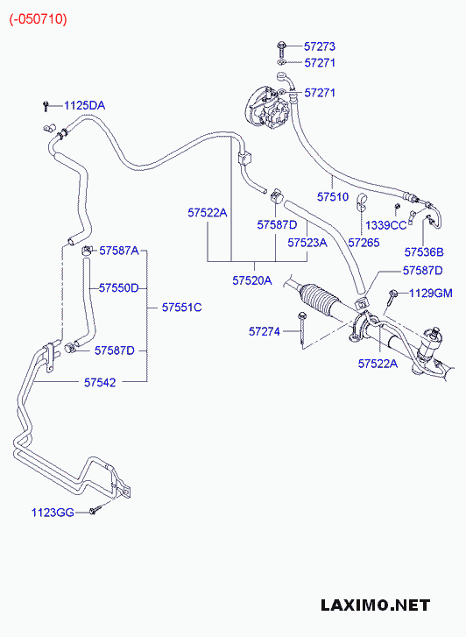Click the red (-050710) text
(39, 19)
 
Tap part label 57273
(320, 46)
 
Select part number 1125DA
(84, 106)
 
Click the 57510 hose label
(333, 196)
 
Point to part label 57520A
(252, 280)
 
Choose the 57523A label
(307, 243)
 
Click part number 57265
(364, 243)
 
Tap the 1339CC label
(386, 225)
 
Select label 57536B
(424, 252)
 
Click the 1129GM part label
(430, 293)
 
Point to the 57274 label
(265, 331)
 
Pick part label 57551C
(181, 308)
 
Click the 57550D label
(118, 288)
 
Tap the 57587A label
(119, 251)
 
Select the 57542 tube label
(100, 382)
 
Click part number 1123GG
(53, 513)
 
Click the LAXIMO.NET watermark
(375, 605)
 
